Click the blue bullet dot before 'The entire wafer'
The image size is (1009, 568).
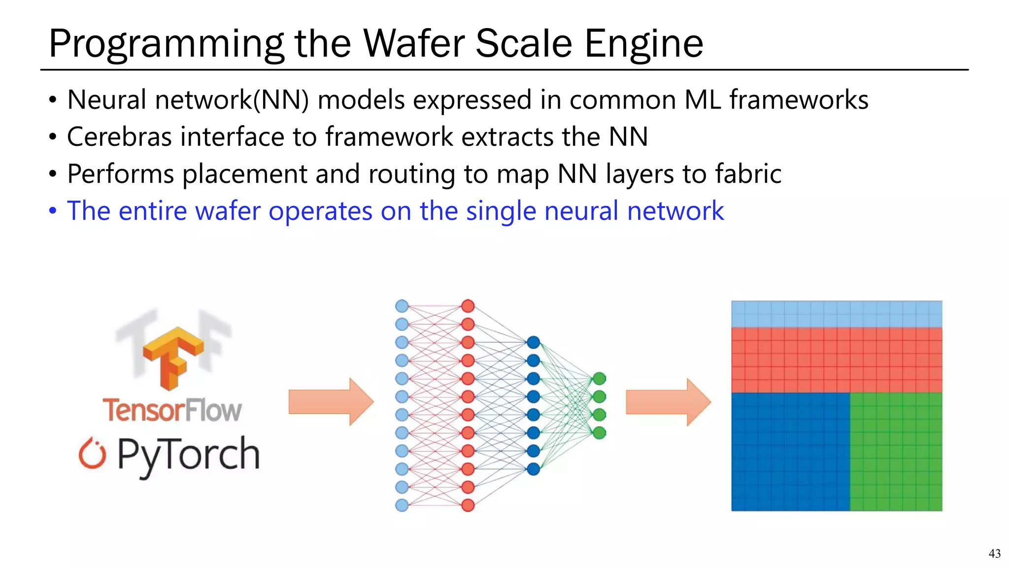click(53, 212)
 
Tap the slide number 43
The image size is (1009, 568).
click(994, 554)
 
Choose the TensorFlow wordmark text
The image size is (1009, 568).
click(172, 410)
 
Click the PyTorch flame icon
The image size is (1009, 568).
click(92, 453)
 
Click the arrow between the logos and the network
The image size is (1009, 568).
click(331, 401)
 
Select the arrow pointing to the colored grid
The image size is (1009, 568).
click(668, 402)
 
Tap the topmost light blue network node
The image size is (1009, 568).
click(402, 306)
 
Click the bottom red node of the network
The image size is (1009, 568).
click(468, 505)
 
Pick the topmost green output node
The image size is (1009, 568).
click(599, 379)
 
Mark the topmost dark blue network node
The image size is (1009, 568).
click(533, 342)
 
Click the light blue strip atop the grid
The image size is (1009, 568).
click(836, 314)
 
